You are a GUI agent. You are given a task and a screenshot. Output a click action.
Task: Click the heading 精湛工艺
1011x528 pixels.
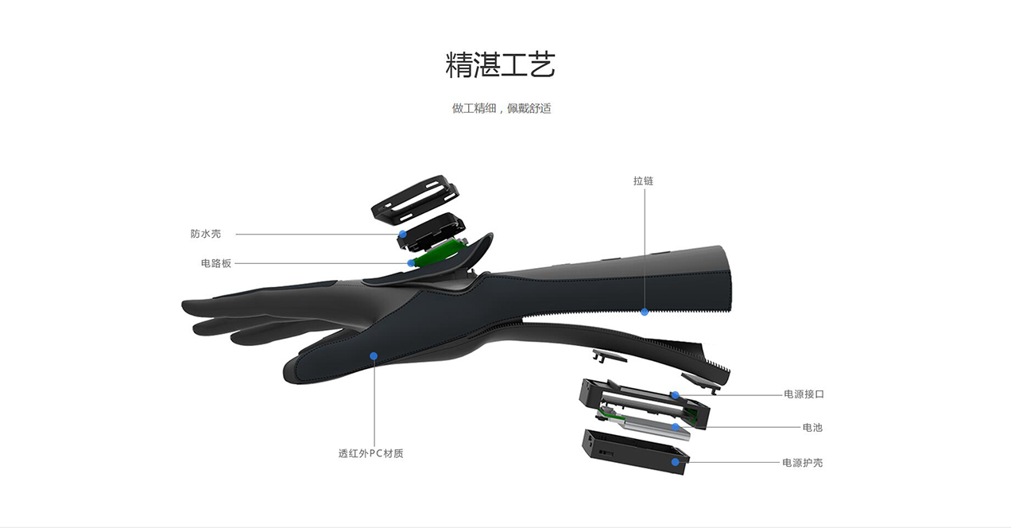coord(501,66)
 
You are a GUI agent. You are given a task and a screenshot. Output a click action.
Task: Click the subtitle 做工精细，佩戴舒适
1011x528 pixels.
coord(502,108)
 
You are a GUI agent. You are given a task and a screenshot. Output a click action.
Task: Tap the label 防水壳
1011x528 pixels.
coord(206,234)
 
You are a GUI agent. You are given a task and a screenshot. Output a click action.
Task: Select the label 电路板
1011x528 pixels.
coord(216,263)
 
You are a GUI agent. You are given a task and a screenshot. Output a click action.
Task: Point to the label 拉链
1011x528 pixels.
coord(643,181)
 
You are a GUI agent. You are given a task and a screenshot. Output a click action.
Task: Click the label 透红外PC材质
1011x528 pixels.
coord(371,453)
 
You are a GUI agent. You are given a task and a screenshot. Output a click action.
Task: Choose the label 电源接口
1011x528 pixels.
coord(804,394)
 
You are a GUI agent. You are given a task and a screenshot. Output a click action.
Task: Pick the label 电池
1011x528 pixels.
coord(812,428)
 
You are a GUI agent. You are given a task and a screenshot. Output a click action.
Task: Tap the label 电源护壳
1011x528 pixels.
coord(803,462)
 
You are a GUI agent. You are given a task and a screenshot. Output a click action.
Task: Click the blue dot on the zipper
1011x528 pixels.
coord(645,312)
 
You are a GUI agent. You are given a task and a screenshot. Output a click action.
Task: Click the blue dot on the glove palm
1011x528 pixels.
coord(374,355)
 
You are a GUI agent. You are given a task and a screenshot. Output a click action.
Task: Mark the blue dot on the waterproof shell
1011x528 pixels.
coord(403,235)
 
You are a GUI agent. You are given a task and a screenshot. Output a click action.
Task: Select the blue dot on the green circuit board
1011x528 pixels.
coord(411,262)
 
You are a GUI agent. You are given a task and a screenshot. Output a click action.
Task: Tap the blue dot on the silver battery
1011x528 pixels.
coord(675,428)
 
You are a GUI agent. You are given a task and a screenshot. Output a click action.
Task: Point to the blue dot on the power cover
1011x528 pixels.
coord(675,461)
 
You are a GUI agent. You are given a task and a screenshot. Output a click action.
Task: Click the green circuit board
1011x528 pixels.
coord(439,254)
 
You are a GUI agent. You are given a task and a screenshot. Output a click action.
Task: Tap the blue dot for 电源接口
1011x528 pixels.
coord(674,394)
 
